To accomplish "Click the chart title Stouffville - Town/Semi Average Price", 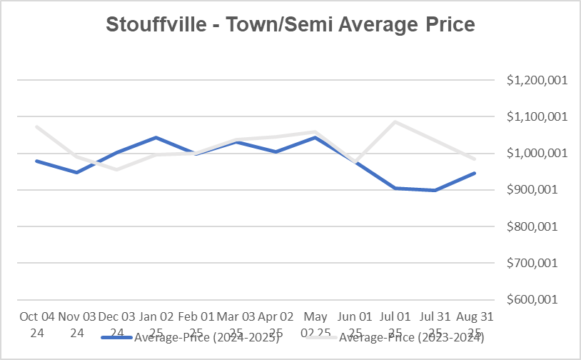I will tap(290, 24).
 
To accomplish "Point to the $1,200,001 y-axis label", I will tap(536, 80).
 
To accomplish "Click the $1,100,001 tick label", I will tap(536, 116).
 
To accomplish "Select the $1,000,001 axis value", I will tap(536, 153).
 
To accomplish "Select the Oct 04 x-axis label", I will tap(36, 316).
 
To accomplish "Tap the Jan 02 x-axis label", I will tap(156, 316).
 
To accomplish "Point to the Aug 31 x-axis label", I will tap(475, 316).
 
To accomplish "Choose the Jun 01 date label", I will tap(355, 316).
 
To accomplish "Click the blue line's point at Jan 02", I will tap(156, 137).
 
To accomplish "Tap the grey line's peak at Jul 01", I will tap(395, 121).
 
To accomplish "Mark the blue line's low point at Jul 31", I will tap(435, 190).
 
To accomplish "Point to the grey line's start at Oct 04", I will tap(36, 126).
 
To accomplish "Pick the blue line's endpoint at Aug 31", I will tap(475, 173).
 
